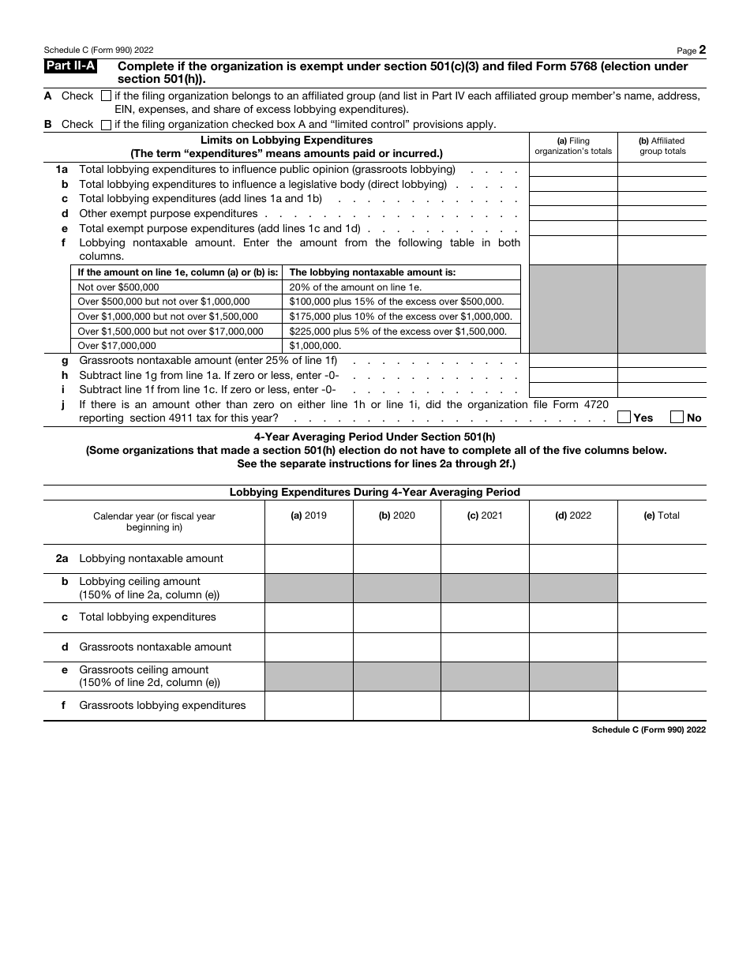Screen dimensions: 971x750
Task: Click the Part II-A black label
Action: (71, 67)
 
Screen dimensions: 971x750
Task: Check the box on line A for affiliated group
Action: (107, 96)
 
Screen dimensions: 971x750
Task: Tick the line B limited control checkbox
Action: (107, 125)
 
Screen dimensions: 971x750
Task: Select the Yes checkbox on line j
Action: (624, 417)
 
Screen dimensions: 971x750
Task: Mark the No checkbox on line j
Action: (677, 417)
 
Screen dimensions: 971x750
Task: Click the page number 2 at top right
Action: (702, 50)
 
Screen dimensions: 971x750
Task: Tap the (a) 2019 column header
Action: (309, 515)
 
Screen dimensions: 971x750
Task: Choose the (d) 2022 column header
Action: (572, 515)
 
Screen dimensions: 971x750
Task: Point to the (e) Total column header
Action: (662, 515)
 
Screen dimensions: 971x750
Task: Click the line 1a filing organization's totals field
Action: (572, 170)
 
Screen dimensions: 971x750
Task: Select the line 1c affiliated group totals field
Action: (662, 199)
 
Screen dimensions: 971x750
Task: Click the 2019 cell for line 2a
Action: (309, 559)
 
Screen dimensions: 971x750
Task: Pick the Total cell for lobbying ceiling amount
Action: (662, 588)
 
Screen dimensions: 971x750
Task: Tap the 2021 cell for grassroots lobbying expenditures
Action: (484, 706)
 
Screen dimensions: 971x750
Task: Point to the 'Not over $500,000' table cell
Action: (118, 287)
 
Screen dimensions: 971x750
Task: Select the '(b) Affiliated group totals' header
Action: (662, 146)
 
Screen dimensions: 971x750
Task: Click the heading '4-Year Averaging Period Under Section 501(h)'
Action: (374, 437)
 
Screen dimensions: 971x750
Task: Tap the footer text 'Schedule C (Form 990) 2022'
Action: (648, 730)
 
